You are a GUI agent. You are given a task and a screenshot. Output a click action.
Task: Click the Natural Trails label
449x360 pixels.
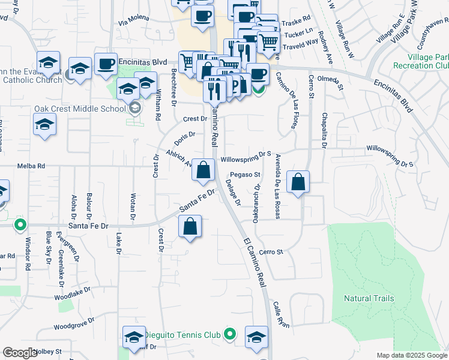click(x=369, y=298)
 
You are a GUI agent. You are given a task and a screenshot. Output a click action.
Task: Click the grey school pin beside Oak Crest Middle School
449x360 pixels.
click(x=135, y=108)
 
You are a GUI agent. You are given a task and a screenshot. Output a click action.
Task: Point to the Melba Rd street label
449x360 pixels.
click(x=31, y=166)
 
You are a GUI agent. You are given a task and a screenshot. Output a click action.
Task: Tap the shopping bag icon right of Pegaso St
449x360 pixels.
click(x=298, y=181)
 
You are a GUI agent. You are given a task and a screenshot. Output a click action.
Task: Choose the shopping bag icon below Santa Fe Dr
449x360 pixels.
click(x=190, y=227)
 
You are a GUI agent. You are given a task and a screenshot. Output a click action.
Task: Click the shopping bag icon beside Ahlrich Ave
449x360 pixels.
click(x=203, y=170)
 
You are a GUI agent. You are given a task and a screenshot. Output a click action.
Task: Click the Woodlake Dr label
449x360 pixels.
click(x=72, y=293)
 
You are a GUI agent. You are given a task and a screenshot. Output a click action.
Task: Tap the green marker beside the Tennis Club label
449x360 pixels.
click(x=229, y=334)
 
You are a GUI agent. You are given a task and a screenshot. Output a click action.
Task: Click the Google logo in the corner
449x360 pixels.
click(x=20, y=352)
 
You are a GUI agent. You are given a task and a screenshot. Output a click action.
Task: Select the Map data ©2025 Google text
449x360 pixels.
click(x=411, y=355)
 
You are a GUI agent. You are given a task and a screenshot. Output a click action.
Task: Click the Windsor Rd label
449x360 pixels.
click(x=27, y=254)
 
